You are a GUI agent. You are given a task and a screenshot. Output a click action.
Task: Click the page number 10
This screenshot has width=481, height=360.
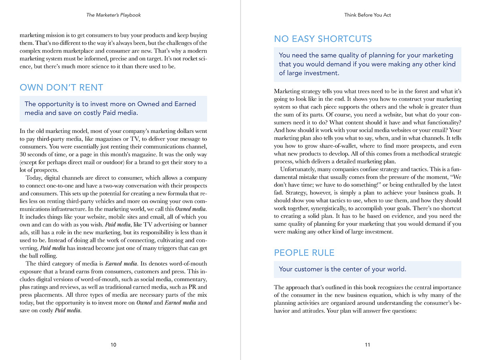[113, 345]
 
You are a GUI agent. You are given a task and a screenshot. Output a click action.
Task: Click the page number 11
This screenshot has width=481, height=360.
[368, 345]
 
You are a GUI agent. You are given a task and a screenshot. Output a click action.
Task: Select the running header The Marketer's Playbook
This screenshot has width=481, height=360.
[113, 15]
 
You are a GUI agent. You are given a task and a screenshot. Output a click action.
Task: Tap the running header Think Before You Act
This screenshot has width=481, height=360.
[368, 15]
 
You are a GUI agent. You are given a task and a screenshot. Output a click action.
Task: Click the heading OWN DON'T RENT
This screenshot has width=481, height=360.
[61, 88]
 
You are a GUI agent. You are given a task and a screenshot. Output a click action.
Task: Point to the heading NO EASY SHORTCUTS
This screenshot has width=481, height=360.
[323, 39]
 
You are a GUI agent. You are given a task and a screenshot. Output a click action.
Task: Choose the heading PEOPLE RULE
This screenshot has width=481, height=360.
[304, 253]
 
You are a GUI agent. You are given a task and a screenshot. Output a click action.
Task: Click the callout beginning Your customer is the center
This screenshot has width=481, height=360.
[342, 269]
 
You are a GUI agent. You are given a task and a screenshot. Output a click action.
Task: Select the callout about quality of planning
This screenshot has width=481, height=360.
[367, 64]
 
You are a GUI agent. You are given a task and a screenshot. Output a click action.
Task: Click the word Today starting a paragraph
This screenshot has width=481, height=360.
[34, 178]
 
